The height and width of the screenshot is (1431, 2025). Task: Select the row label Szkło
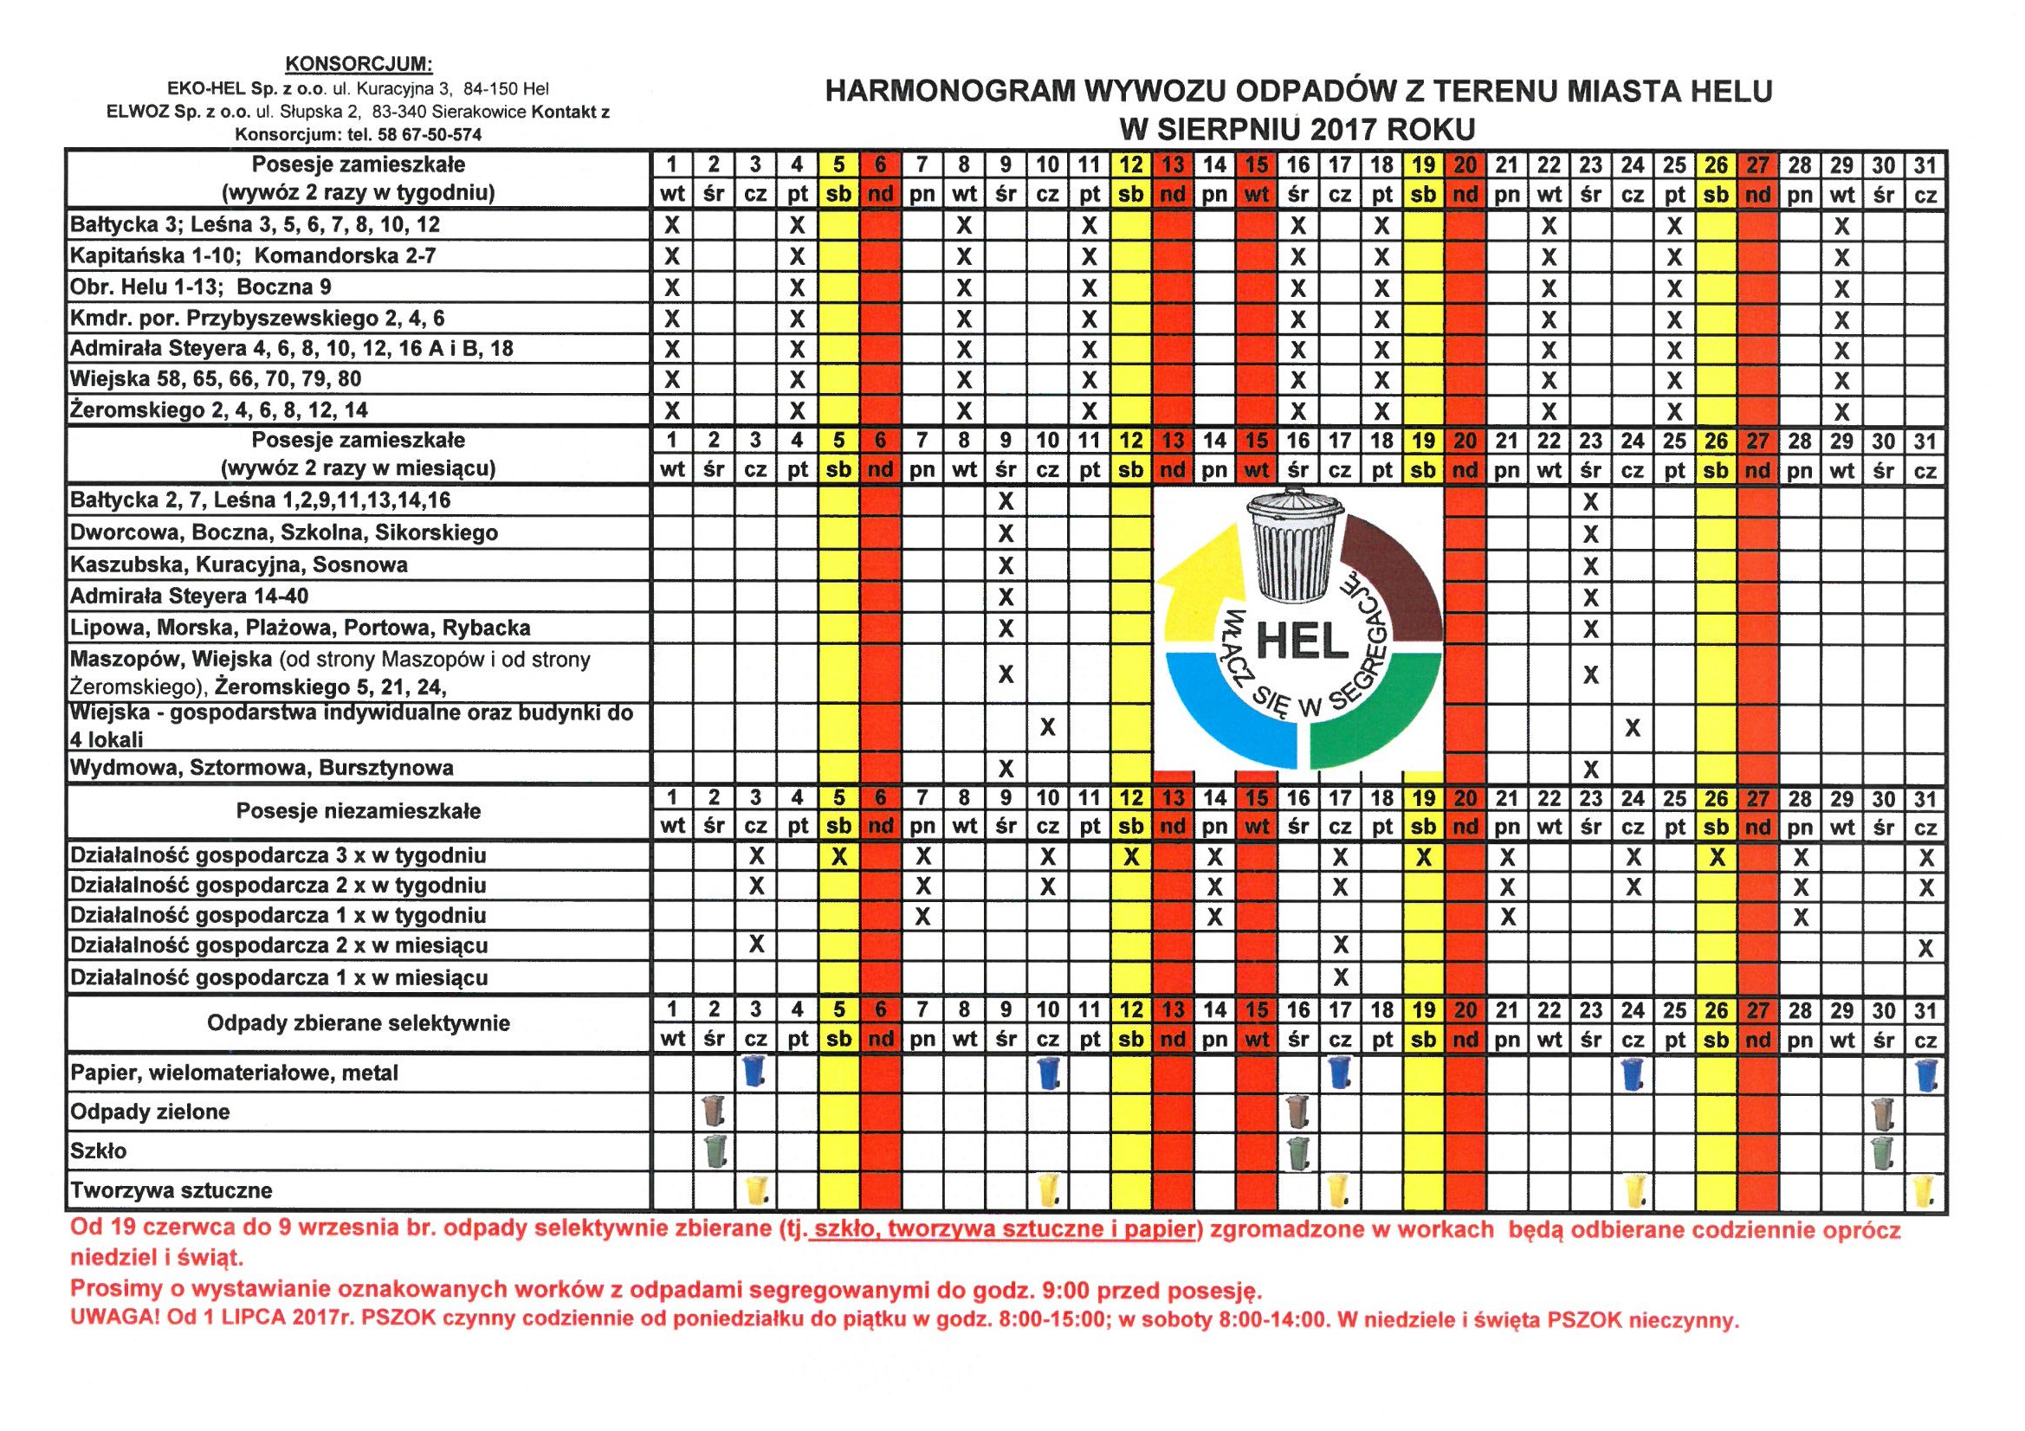coord(99,1151)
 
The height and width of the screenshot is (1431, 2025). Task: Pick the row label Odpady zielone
coord(150,1112)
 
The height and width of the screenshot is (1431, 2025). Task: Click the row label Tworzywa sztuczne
coord(171,1190)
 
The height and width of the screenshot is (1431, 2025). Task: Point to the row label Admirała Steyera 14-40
coord(190,596)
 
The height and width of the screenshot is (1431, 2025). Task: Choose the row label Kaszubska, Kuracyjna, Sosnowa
coord(239,564)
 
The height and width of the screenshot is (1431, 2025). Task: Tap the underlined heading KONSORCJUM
coord(358,63)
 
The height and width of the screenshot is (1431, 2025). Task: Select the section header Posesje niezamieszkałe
coord(358,811)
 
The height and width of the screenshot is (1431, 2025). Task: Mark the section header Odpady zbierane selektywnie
coord(358,1022)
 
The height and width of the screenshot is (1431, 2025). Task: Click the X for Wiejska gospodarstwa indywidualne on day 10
coord(1047,727)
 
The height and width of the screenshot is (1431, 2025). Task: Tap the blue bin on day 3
coord(754,1071)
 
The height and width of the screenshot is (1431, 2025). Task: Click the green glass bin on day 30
coord(1882,1151)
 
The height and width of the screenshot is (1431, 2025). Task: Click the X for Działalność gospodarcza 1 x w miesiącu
coord(1340,977)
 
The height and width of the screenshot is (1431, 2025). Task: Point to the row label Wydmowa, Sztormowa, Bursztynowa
coord(262,767)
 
